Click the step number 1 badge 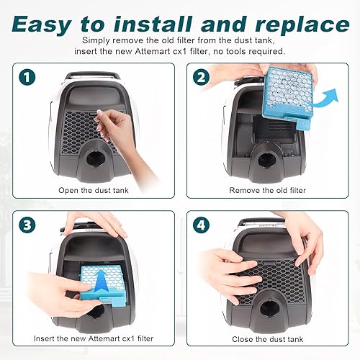[27, 77]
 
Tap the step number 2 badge [201, 77]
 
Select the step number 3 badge [27, 225]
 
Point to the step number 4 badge [201, 225]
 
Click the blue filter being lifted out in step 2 [288, 96]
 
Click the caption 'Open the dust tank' [94, 190]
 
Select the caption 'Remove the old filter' [267, 190]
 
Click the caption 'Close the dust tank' [267, 339]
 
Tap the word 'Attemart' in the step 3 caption [104, 338]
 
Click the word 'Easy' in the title [42, 24]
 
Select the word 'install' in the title [153, 24]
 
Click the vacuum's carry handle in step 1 [92, 76]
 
